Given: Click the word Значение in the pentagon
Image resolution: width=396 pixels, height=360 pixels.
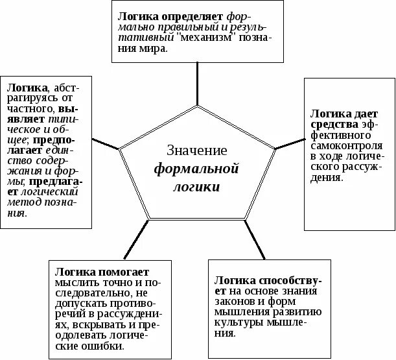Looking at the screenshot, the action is pyautogui.click(x=197, y=151).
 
